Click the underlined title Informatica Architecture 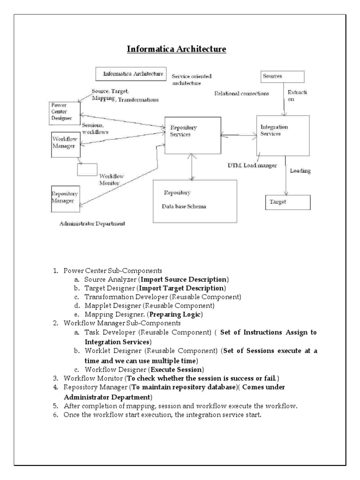pos(178,49)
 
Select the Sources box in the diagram pos(282,76)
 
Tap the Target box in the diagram pos(288,202)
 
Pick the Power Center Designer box pos(65,112)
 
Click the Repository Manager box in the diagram pos(65,197)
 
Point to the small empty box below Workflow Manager pos(87,169)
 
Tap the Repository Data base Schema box pos(195,201)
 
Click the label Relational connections pos(241,94)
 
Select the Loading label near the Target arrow pos(300,171)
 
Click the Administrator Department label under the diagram pos(92,224)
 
